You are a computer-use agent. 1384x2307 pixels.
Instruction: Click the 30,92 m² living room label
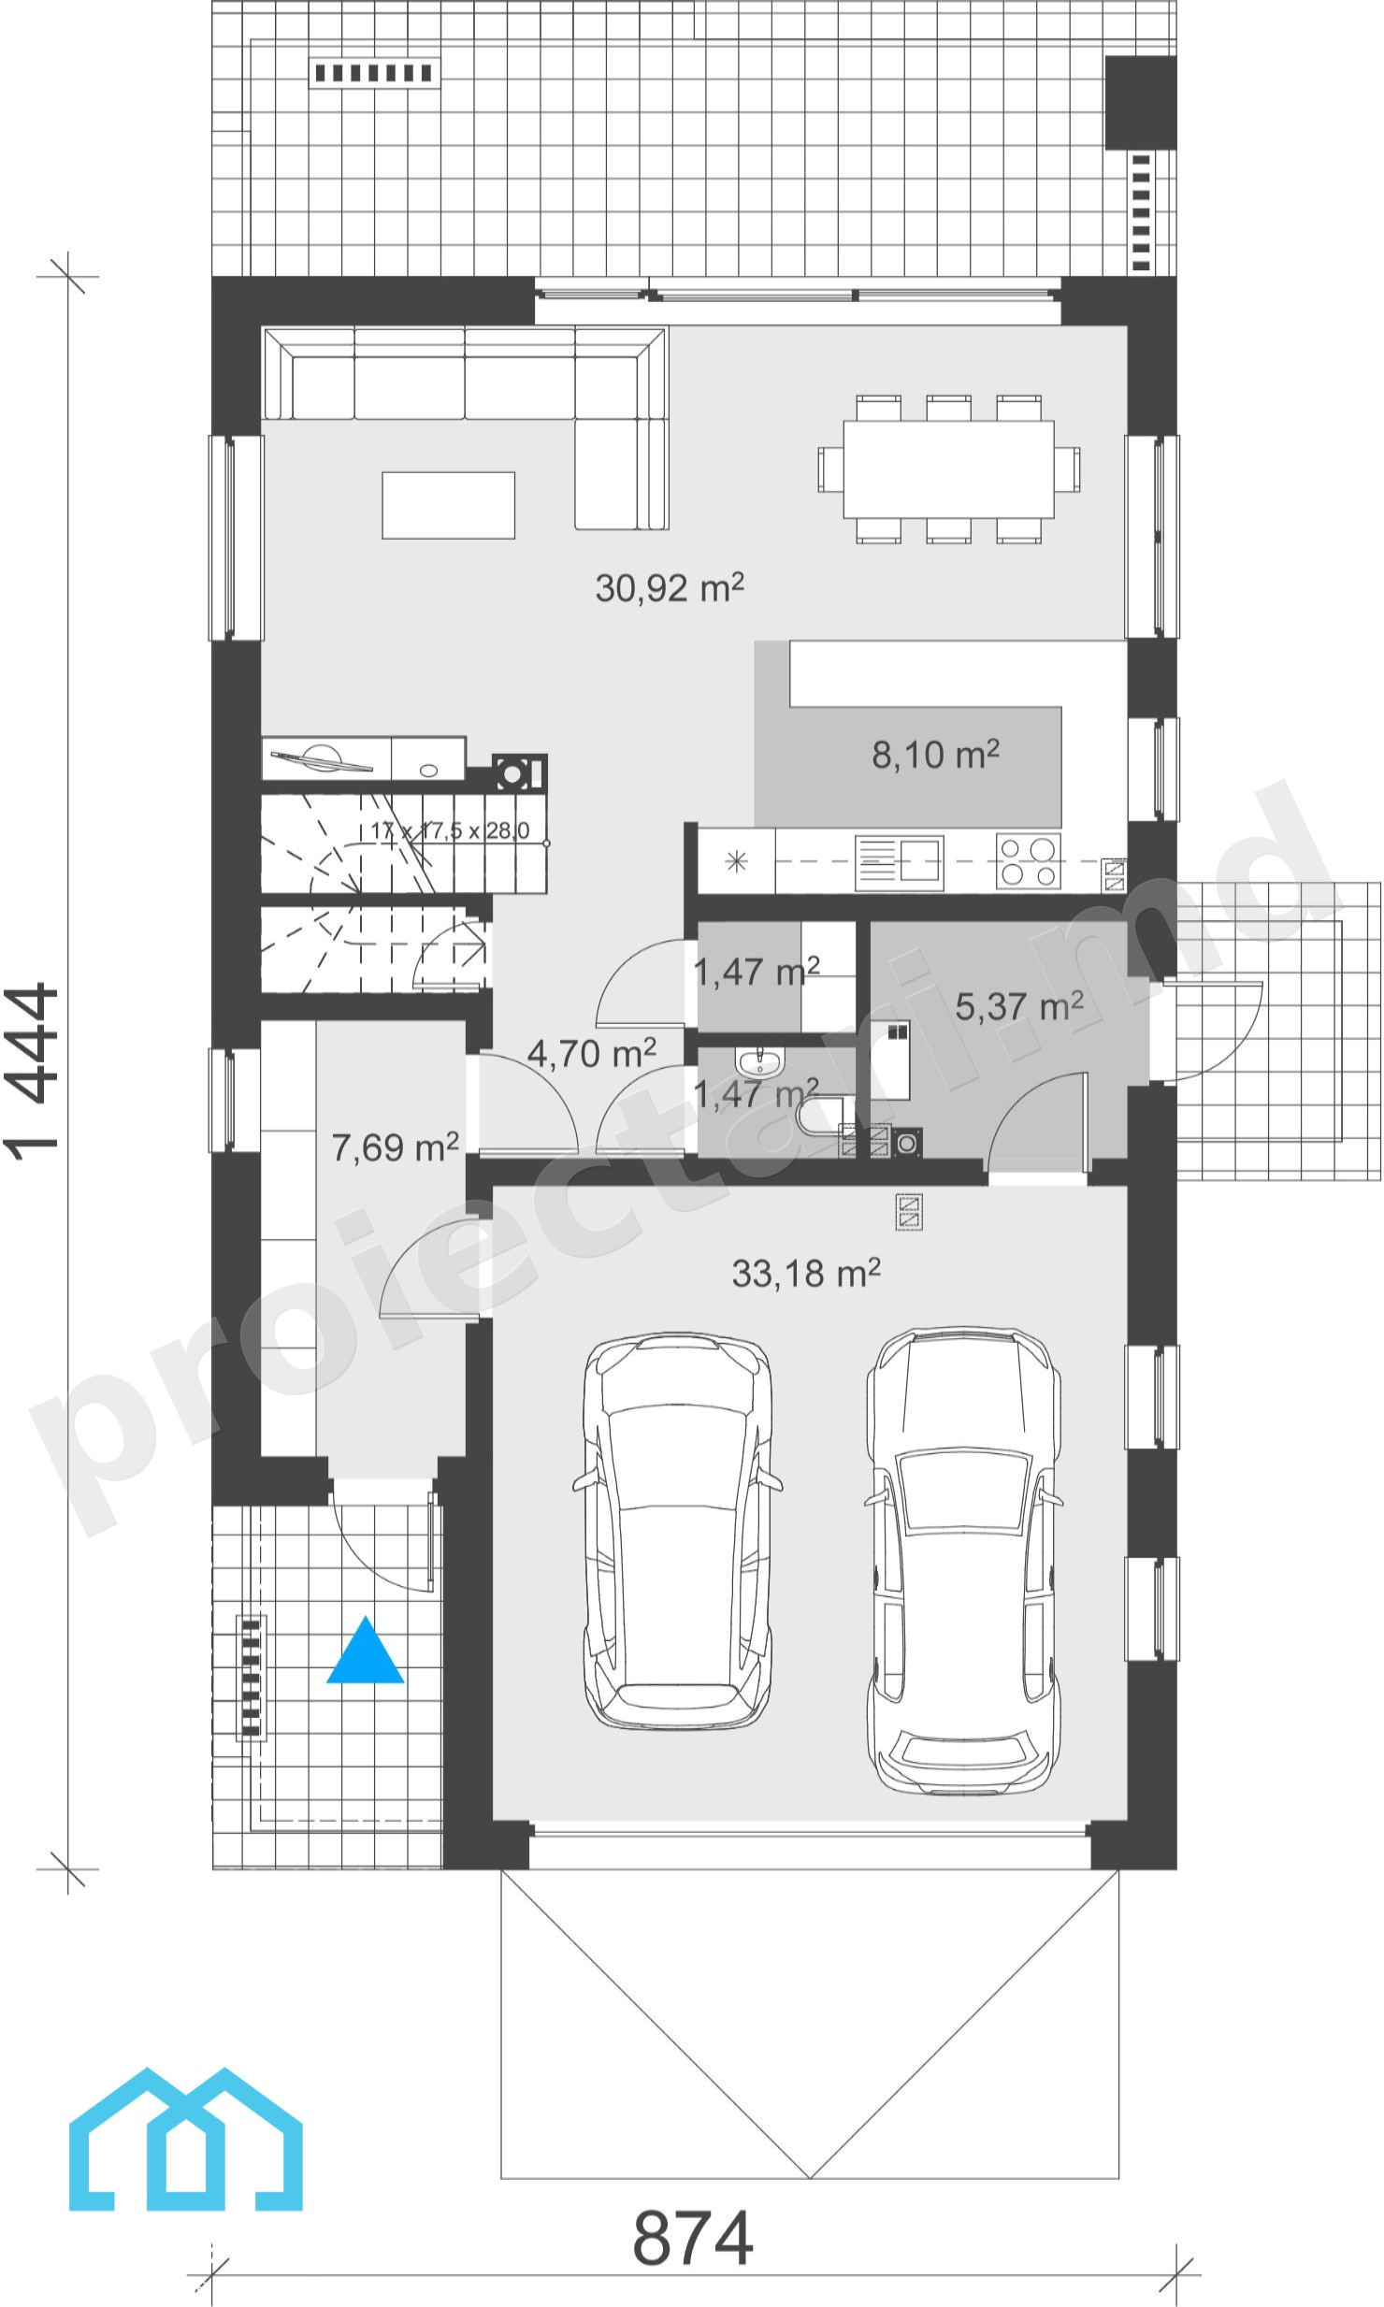(670, 587)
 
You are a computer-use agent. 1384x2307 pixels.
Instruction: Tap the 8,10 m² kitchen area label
(935, 754)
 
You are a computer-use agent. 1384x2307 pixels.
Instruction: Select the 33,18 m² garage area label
(806, 1273)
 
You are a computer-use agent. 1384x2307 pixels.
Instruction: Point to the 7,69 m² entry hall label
(395, 1146)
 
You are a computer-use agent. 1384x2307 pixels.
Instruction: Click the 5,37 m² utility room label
(1019, 1006)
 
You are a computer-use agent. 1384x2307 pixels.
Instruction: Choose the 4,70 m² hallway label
(591, 1053)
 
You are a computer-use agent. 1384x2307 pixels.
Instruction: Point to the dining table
(949, 469)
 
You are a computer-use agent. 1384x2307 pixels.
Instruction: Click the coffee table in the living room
(448, 505)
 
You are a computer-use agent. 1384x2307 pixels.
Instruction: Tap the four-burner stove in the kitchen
(1029, 860)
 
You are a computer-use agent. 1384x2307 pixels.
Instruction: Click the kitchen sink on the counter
(899, 861)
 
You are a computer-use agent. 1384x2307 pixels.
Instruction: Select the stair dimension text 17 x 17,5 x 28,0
(450, 830)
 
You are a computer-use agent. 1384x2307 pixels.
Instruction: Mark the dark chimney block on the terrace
(1140, 102)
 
